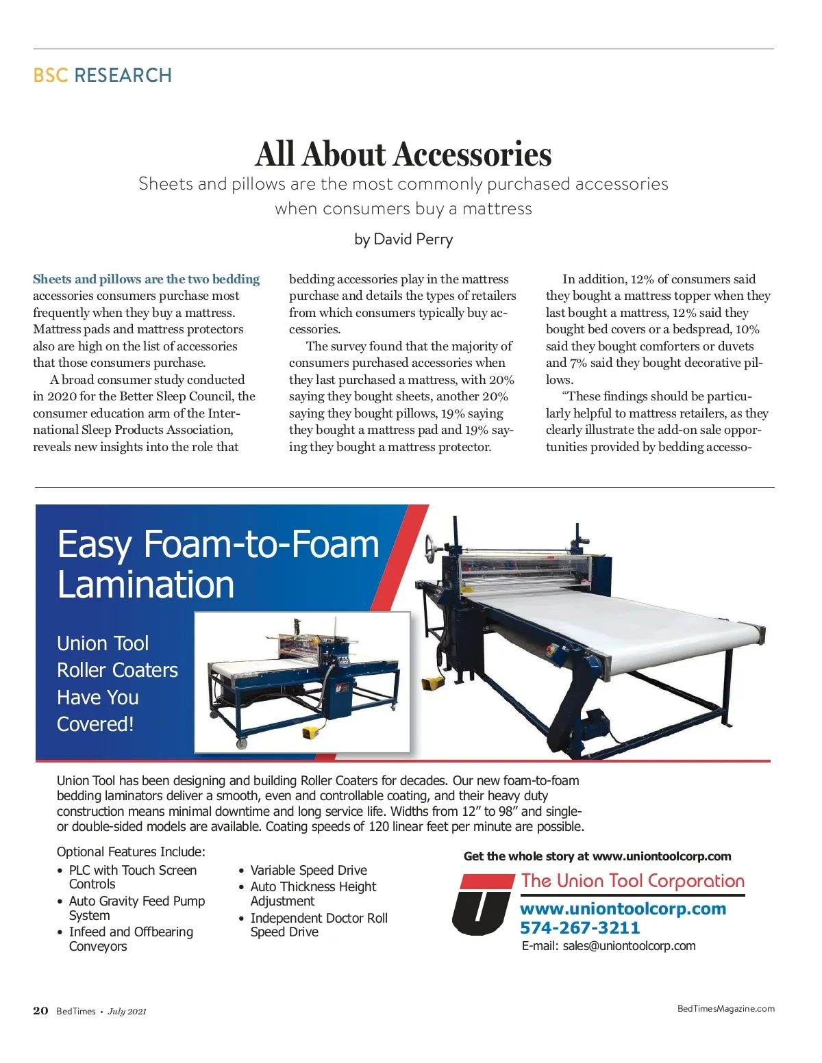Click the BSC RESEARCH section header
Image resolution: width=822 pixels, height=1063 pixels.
(x=103, y=75)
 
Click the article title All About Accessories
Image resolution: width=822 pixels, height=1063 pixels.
(x=403, y=154)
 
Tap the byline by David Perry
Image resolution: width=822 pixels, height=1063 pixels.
(x=403, y=240)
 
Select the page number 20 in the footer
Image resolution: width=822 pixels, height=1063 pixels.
(x=40, y=1011)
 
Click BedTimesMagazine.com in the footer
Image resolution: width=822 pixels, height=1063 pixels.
(x=725, y=1008)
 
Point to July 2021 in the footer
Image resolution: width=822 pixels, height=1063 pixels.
(x=127, y=1012)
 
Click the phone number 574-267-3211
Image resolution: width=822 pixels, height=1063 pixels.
(x=580, y=928)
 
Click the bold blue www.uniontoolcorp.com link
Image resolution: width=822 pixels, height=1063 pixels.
(x=623, y=909)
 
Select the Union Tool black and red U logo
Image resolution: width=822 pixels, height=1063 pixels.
(x=482, y=905)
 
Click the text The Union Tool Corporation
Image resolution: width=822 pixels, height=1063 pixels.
(x=632, y=881)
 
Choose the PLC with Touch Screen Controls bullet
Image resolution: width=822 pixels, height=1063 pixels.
(x=132, y=877)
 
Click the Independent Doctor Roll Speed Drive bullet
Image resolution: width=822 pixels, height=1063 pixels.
(x=319, y=925)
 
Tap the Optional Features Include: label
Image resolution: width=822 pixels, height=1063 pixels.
(x=131, y=851)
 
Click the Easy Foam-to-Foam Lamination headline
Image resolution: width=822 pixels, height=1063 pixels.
(x=218, y=564)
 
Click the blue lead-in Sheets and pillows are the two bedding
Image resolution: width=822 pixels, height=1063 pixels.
(x=147, y=279)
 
